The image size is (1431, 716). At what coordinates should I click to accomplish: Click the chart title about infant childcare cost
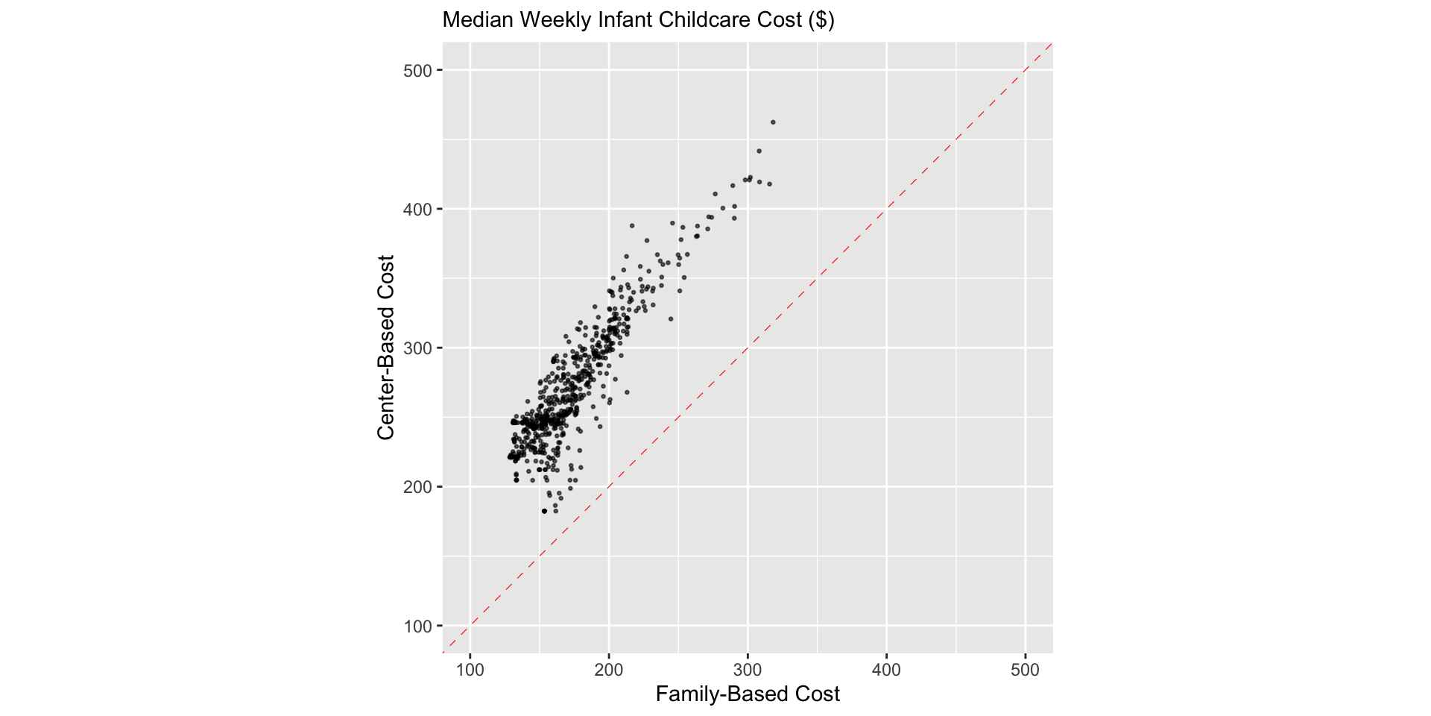click(x=638, y=20)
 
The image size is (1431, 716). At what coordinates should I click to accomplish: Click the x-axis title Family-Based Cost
click(x=748, y=694)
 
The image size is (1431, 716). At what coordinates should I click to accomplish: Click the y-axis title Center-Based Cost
click(x=386, y=348)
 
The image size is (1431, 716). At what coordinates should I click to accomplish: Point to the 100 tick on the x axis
click(x=470, y=670)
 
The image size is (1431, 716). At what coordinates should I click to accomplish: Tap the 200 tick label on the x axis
click(x=609, y=670)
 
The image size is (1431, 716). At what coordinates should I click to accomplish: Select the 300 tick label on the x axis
click(x=748, y=670)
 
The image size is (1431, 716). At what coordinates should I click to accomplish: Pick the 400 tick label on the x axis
click(x=886, y=670)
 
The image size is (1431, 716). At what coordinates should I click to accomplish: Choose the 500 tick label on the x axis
click(x=1025, y=670)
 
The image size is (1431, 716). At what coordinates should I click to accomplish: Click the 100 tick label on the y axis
click(x=418, y=626)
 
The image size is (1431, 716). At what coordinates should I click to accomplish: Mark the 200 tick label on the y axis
click(x=418, y=488)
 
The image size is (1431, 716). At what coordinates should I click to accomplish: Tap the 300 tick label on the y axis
click(x=418, y=349)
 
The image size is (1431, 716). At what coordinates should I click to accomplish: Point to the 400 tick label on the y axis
click(x=418, y=210)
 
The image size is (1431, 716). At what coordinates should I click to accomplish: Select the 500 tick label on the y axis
click(x=418, y=71)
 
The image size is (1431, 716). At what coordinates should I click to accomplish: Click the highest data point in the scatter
click(x=773, y=122)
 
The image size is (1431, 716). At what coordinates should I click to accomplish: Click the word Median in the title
click(x=478, y=20)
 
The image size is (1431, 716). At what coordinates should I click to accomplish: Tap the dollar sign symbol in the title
click(x=821, y=20)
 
